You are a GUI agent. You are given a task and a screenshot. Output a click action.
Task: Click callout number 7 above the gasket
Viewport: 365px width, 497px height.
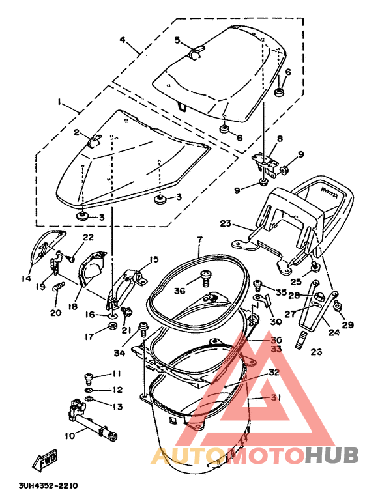200,240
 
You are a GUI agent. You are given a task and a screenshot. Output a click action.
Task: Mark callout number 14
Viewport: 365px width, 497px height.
25,279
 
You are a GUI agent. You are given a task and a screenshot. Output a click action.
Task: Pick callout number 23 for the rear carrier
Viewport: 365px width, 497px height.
226,224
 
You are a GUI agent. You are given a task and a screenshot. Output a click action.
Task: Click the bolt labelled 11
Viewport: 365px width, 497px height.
87,376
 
